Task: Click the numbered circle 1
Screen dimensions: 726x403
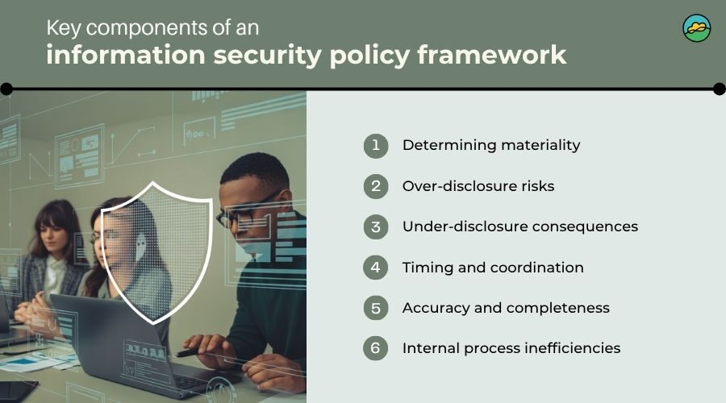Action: point(375,145)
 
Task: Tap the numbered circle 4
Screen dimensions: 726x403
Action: point(375,268)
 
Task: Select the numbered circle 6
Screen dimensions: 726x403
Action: point(375,348)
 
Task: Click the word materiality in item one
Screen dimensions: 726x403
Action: point(540,145)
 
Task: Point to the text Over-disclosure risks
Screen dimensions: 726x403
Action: point(478,186)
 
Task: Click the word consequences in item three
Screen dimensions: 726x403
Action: point(586,226)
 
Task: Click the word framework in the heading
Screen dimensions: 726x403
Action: point(492,55)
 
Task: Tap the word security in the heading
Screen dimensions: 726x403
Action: point(268,56)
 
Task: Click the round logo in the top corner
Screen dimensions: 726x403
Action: point(696,28)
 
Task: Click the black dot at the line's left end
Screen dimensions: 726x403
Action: point(6,89)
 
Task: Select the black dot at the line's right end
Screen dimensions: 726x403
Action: point(719,89)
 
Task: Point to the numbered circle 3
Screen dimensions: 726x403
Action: point(375,226)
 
